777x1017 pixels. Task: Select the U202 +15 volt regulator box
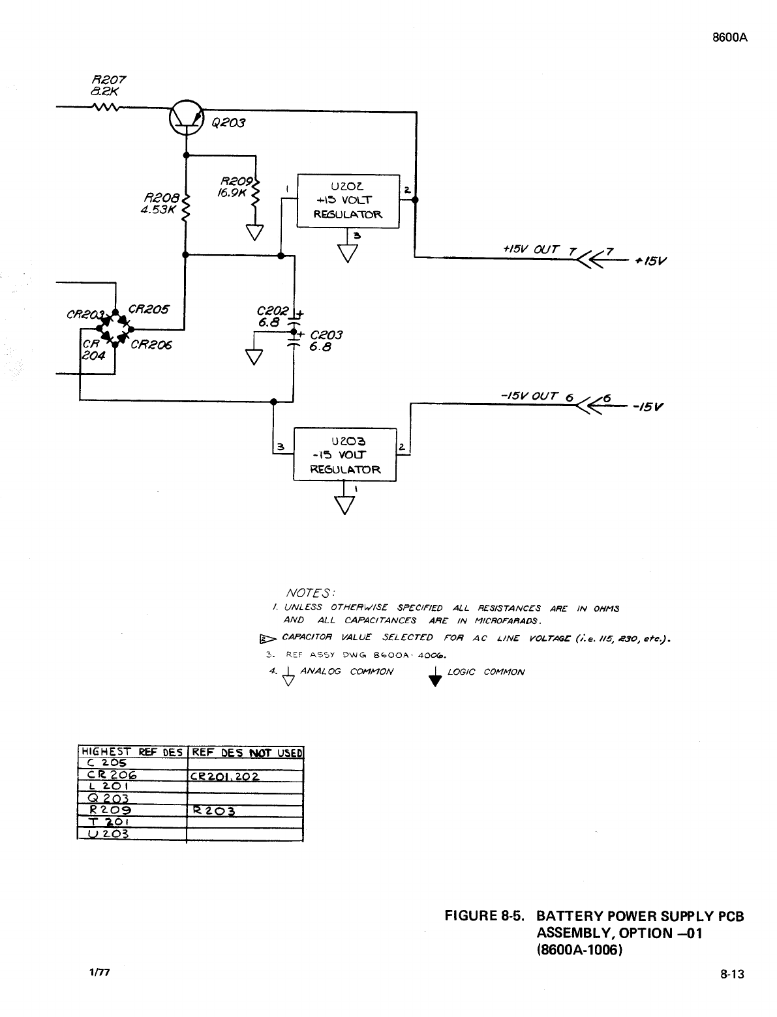[x=348, y=201]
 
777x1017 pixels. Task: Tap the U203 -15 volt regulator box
[x=344, y=454]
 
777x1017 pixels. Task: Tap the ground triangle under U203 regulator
[x=344, y=505]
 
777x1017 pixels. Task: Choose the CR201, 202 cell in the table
[x=224, y=776]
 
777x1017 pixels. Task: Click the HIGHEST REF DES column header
[x=132, y=752]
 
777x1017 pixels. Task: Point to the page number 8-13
[x=732, y=975]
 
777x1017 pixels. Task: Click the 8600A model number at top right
[x=729, y=38]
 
